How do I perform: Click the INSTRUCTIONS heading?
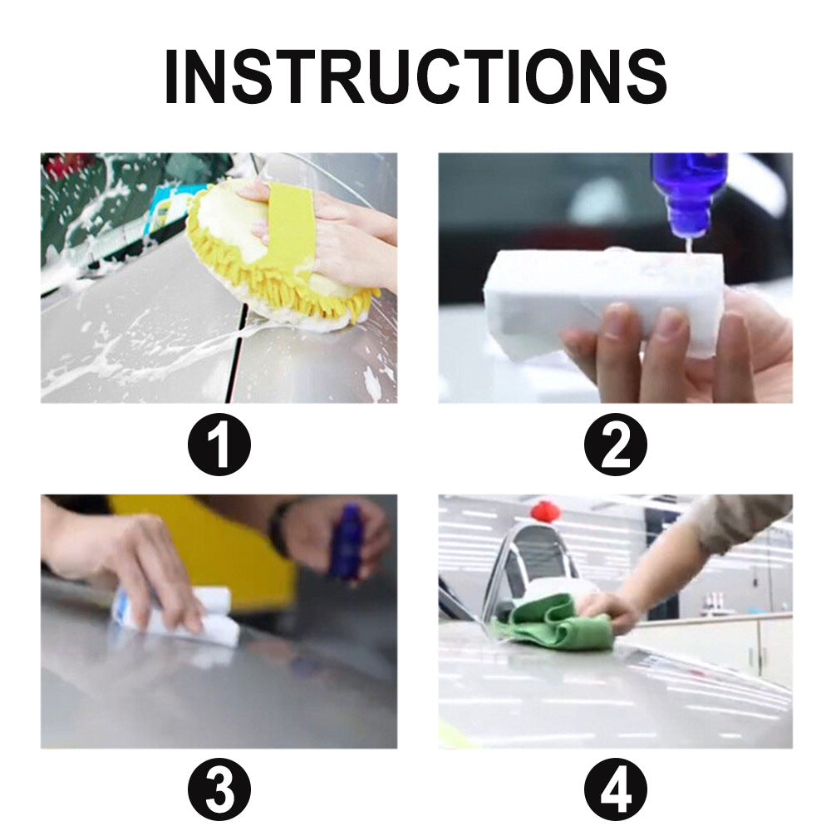(x=415, y=76)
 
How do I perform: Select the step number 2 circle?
(x=615, y=448)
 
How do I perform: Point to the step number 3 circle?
(x=219, y=790)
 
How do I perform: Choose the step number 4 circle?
(x=615, y=790)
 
